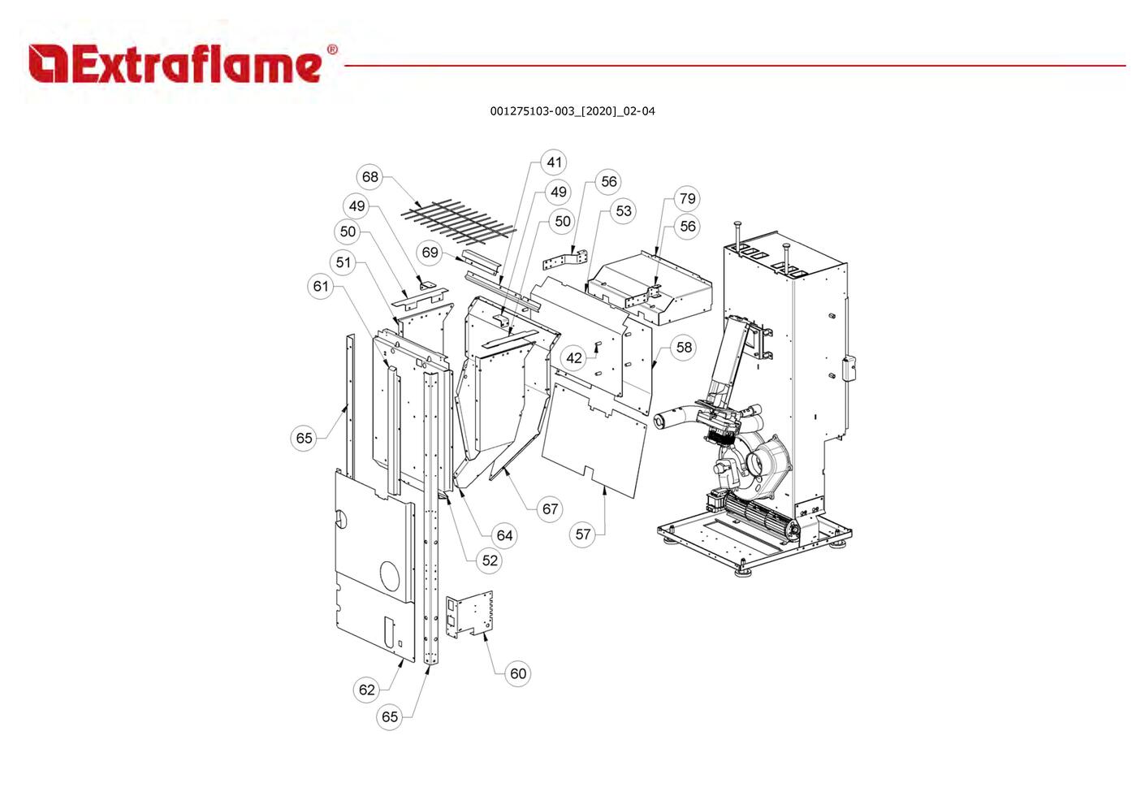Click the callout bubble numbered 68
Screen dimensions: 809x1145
pyautogui.click(x=370, y=177)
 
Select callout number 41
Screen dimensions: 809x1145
pyautogui.click(x=555, y=162)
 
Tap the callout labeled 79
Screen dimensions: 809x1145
pyautogui.click(x=687, y=199)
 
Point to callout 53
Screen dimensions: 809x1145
pyautogui.click(x=623, y=211)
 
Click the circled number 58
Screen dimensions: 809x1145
pyautogui.click(x=685, y=348)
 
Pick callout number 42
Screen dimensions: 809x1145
pyautogui.click(x=574, y=358)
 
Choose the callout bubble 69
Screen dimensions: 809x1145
pyautogui.click(x=430, y=253)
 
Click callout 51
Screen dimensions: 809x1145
pyautogui.click(x=343, y=262)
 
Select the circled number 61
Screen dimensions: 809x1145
pyautogui.click(x=321, y=286)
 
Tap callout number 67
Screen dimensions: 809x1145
pyautogui.click(x=551, y=509)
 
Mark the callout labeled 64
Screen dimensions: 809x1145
pyautogui.click(x=505, y=535)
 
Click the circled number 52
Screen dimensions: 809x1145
pyautogui.click(x=490, y=560)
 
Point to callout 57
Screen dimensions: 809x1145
pyautogui.click(x=583, y=534)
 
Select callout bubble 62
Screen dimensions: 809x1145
pyautogui.click(x=367, y=690)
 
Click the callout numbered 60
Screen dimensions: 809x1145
pyautogui.click(x=518, y=673)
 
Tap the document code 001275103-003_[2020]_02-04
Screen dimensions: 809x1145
pyautogui.click(x=572, y=111)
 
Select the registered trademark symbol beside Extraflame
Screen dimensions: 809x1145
pyautogui.click(x=332, y=50)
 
